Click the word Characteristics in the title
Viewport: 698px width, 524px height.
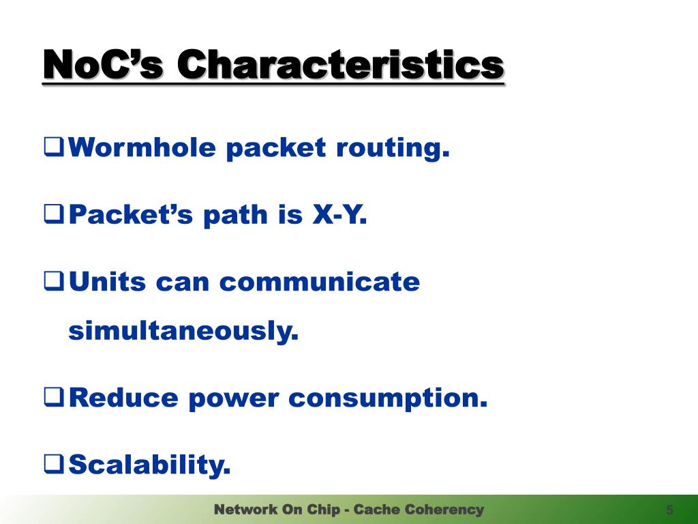coord(341,65)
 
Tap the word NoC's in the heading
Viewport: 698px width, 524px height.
coord(104,65)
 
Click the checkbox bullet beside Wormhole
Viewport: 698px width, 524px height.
coord(55,147)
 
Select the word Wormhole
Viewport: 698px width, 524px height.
coord(142,147)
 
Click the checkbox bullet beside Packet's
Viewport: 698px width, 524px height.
coord(55,214)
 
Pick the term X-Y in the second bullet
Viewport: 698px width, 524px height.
coord(339,214)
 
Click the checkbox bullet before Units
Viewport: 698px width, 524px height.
coord(55,282)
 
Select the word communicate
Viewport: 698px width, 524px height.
coord(320,282)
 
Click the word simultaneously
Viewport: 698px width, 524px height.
coord(183,332)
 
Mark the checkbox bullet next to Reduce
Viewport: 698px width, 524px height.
coord(55,398)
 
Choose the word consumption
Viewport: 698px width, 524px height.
coord(388,398)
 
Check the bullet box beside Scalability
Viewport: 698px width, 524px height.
coord(55,464)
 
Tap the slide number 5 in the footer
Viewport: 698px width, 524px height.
coord(669,510)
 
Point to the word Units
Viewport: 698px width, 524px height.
coord(107,282)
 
